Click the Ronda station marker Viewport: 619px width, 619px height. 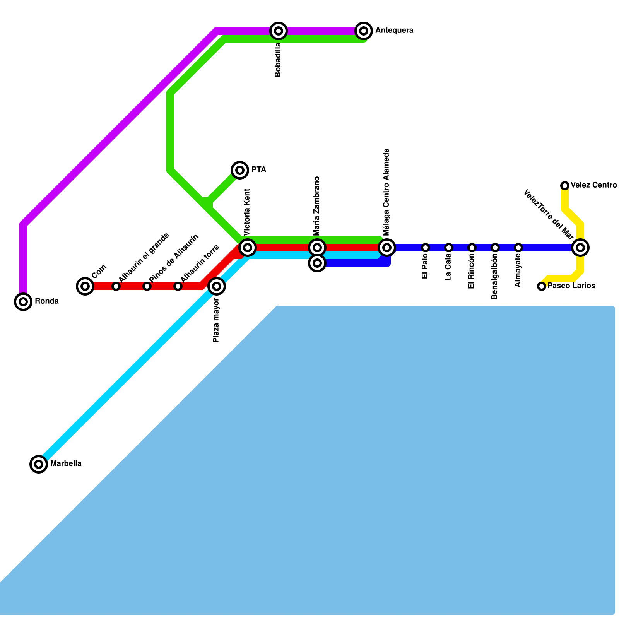(x=23, y=302)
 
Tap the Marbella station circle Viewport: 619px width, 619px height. (x=39, y=464)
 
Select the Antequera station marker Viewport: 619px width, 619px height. (x=364, y=31)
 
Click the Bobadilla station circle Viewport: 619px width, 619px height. (x=279, y=31)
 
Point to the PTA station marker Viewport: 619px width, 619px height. (x=240, y=170)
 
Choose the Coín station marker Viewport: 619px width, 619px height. (x=85, y=286)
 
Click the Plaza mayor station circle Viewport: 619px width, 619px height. (x=217, y=286)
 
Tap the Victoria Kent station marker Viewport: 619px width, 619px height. (x=248, y=247)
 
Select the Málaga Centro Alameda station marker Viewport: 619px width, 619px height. (x=387, y=247)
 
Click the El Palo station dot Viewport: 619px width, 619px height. (x=426, y=248)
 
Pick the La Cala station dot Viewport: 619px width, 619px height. (x=449, y=248)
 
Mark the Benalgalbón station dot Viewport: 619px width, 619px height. (x=495, y=248)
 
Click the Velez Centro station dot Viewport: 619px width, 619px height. (x=565, y=186)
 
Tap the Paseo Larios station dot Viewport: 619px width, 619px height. (x=542, y=286)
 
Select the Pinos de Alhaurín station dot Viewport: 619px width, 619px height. (x=147, y=286)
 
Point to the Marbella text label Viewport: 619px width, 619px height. (x=66, y=463)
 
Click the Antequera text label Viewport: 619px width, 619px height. (x=394, y=31)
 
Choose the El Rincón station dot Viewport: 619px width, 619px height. (x=472, y=248)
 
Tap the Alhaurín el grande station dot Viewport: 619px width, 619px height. (x=116, y=286)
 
